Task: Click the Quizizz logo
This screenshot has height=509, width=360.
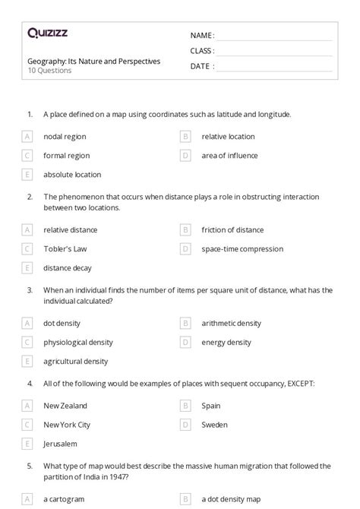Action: [46, 33]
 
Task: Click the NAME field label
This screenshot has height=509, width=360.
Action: [201, 35]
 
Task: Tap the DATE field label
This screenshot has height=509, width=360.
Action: [201, 66]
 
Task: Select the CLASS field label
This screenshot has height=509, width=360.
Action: [202, 51]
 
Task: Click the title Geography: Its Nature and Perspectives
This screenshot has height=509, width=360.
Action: [93, 61]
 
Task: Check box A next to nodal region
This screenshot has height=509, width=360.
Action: [27, 137]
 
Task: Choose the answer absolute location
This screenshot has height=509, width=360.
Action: [71, 174]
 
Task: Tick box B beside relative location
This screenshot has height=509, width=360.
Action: [185, 137]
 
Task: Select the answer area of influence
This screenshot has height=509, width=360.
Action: [229, 156]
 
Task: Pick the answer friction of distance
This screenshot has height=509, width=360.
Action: [232, 229]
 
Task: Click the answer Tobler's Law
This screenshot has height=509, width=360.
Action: [66, 248]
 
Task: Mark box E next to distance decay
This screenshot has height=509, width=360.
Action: [27, 267]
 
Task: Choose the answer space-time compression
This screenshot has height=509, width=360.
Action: [242, 248]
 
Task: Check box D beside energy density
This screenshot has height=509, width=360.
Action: [185, 342]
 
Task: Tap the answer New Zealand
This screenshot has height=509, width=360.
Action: [65, 406]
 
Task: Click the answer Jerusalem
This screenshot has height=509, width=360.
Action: [60, 443]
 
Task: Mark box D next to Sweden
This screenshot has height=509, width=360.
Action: [185, 425]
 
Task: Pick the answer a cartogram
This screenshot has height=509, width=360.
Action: [64, 499]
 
